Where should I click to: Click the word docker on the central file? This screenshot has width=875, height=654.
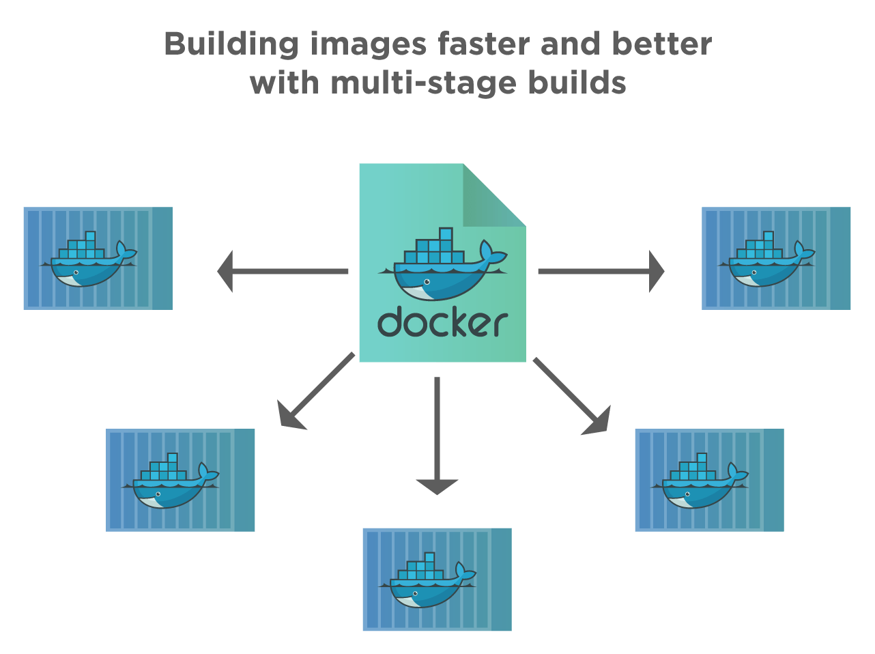point(442,322)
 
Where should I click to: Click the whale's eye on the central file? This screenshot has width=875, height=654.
point(427,282)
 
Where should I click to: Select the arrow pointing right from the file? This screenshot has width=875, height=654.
point(601,271)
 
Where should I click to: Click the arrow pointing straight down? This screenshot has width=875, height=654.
point(437,437)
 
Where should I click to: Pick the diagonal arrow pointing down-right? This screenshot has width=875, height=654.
point(572,397)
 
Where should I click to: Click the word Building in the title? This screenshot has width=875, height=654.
point(231,44)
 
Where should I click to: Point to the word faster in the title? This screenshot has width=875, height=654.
point(483,44)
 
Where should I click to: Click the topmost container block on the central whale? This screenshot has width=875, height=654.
point(446,234)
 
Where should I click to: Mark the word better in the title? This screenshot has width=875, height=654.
point(662,44)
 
